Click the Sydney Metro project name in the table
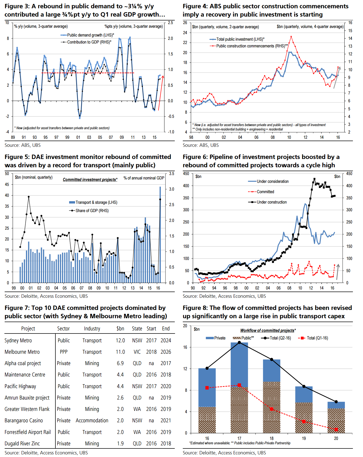click(x=18, y=340)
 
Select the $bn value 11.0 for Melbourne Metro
click(x=120, y=352)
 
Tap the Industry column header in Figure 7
click(x=92, y=329)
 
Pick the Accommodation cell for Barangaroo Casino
click(x=92, y=420)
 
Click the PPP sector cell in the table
click(x=63, y=352)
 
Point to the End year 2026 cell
click(x=166, y=352)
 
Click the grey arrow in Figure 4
click(x=337, y=77)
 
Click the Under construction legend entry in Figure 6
click(x=272, y=202)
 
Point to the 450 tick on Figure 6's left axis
click(x=186, y=174)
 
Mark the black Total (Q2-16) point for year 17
click(x=239, y=343)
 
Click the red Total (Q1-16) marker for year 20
click(x=336, y=430)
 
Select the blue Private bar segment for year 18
click(x=271, y=371)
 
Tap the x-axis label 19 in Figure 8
click(x=304, y=438)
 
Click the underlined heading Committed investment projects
click(x=90, y=180)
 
